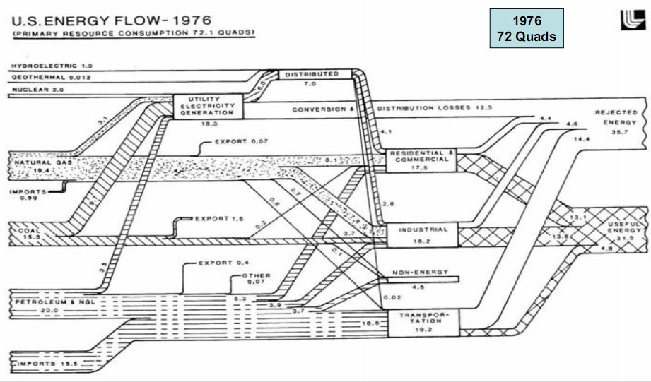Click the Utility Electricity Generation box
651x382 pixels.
pos(209,105)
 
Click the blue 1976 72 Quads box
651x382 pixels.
pos(527,28)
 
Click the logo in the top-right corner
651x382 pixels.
pos(626,20)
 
